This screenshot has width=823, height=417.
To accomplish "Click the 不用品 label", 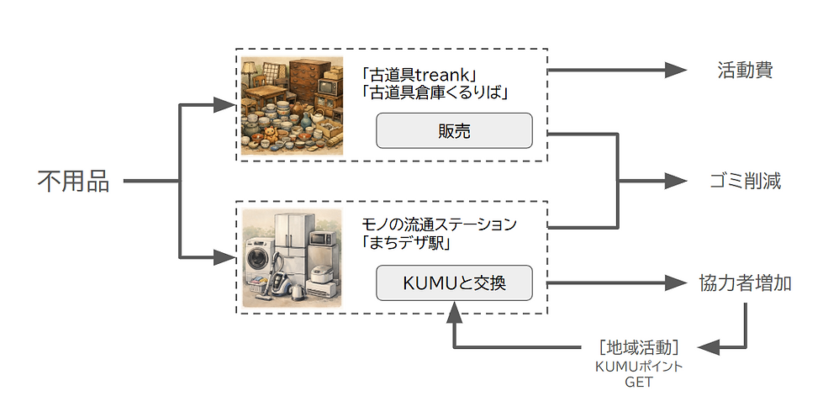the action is pos(73,182).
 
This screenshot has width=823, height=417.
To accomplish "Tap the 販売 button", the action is pos(454,131).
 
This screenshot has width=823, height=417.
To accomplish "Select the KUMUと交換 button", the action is pos(454,283).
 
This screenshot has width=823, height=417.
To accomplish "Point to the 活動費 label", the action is pos(745,70).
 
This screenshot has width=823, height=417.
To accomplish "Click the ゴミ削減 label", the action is pos(745,181).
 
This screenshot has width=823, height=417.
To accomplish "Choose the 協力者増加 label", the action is pos(745,283).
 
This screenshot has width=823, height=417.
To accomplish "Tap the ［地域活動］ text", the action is pos(639,347).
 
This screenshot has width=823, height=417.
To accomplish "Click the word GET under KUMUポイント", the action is pos(639,382).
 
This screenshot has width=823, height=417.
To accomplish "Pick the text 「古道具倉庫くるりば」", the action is pos(435,93).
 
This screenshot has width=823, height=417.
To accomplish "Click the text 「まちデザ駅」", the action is pos(406,244).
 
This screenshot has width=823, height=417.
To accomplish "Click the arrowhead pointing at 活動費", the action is pos(676,70).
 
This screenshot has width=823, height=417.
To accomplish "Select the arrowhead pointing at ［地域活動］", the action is pos(709,347).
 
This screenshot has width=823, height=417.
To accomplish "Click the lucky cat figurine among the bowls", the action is pos(271,135).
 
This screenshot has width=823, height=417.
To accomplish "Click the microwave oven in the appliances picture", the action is pos(322,239).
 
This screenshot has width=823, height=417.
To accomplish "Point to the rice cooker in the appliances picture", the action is pos(320,274).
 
